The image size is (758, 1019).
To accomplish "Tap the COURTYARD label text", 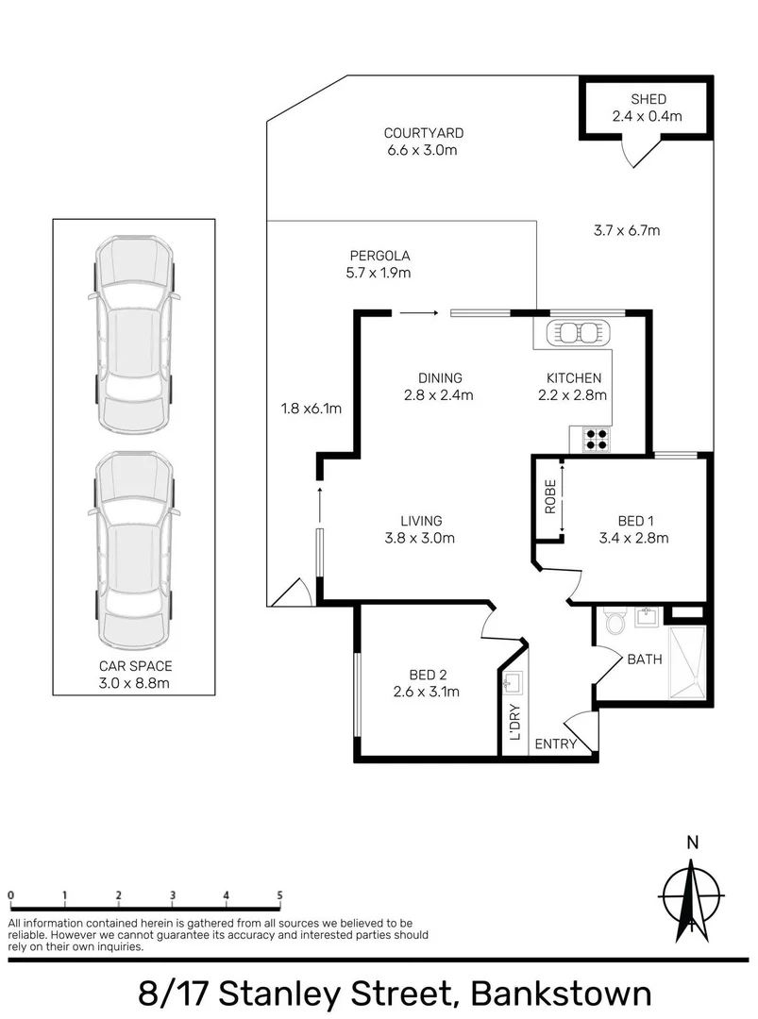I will coord(423,133).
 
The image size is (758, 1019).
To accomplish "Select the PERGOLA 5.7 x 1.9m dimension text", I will coord(380,274).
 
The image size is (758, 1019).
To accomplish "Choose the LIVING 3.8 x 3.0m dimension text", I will coord(421,539).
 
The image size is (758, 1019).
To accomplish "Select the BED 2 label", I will coord(428,675).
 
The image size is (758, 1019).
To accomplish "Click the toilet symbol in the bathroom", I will coord(615,622).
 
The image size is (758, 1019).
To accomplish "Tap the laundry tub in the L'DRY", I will coord(514,681).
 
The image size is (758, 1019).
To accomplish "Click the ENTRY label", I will coord(555,744).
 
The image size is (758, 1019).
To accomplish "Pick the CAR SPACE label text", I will coord(134,665).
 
